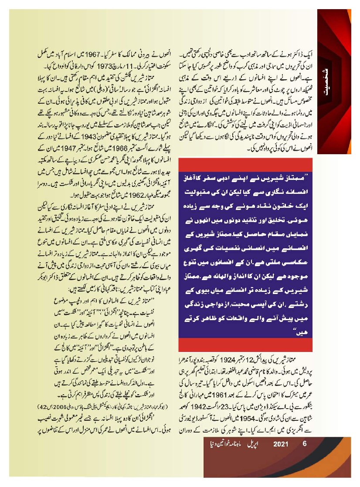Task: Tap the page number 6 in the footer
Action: coord(305,445)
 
